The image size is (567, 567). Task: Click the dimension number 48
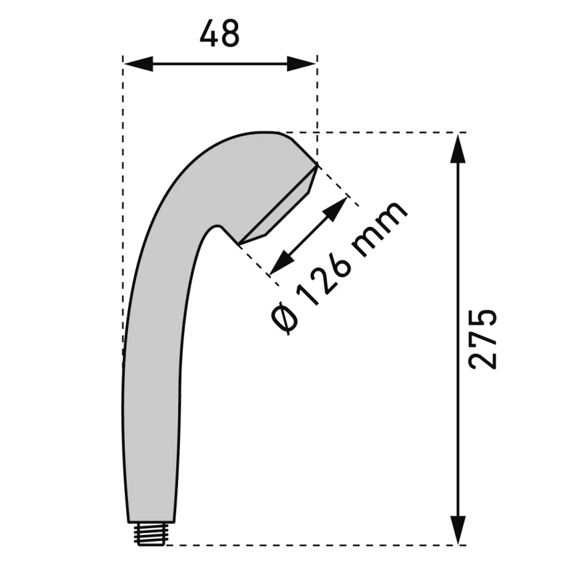click(219, 33)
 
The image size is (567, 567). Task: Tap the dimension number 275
click(482, 339)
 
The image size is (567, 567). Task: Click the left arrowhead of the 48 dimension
click(138, 64)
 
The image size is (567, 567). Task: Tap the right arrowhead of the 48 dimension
click(302, 64)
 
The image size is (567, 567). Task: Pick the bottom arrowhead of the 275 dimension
click(458, 530)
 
